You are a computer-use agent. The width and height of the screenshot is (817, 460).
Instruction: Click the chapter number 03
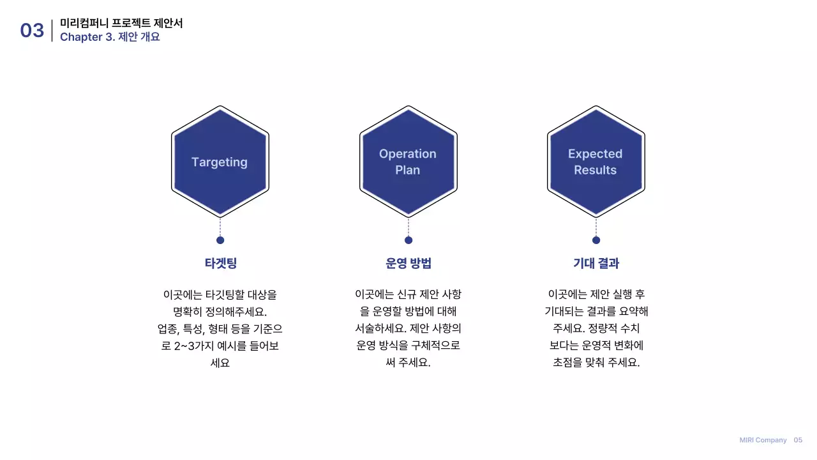32,30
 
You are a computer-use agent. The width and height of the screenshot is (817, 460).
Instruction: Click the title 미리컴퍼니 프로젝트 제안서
121,23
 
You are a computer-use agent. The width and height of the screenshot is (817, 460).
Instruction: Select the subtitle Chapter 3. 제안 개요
110,37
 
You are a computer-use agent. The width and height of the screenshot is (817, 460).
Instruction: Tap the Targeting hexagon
220,162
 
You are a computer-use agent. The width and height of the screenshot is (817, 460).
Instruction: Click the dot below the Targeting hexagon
220,240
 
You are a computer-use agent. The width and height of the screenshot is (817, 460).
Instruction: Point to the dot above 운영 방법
408,240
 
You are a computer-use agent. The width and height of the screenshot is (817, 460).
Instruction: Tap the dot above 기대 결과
596,240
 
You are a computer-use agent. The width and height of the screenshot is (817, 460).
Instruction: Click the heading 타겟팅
220,263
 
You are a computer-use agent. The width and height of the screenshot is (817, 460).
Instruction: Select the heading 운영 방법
408,263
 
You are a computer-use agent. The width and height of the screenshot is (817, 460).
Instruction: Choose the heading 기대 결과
596,263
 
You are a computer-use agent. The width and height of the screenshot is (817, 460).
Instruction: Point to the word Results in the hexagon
595,170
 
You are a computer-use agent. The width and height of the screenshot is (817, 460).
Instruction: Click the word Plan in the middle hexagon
407,170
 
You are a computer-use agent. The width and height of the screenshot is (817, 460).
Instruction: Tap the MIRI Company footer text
763,440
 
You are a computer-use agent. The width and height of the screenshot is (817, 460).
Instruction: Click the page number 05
798,440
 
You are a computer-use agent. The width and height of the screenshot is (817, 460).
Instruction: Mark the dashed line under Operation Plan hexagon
408,226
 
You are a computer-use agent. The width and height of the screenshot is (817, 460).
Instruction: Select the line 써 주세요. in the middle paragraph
408,362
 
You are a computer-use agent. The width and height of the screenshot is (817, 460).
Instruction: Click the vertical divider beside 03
52,30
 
